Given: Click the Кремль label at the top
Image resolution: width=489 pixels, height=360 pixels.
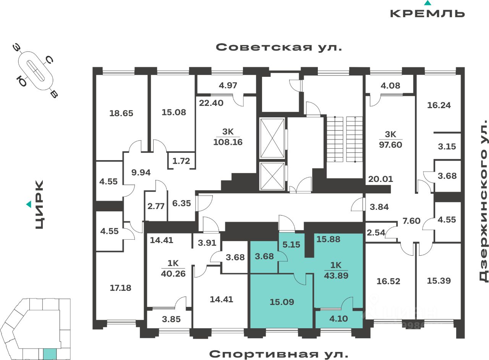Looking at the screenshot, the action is (427, 13).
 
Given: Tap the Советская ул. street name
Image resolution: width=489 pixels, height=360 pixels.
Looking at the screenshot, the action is (279, 47).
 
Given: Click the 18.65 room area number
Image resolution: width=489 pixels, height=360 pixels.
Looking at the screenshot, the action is (121, 113).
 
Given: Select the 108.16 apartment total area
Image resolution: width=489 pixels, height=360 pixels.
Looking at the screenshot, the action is (228, 142).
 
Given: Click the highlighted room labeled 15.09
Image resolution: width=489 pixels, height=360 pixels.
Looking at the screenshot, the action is (282, 302).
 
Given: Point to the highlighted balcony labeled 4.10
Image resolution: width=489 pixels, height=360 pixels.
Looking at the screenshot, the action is (338, 318).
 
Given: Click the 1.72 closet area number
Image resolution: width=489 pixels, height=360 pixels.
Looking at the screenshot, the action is (181, 161).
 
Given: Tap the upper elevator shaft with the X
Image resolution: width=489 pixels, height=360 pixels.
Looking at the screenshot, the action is (272, 138).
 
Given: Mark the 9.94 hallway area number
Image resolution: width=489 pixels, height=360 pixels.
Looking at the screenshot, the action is (141, 172).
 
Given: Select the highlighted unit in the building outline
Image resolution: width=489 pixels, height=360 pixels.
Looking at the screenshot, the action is (50, 354).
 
